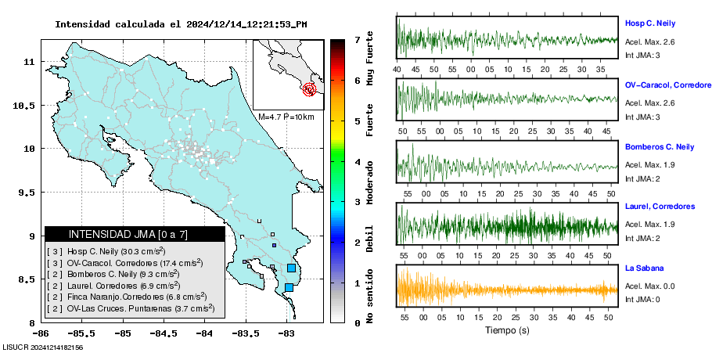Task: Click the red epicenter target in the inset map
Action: click(309, 89)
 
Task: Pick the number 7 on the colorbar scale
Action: click(358, 40)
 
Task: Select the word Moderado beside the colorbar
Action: click(369, 182)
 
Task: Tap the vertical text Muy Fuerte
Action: click(369, 58)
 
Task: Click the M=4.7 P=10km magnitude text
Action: click(286, 117)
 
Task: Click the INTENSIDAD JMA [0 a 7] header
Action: click(128, 234)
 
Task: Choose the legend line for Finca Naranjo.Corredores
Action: click(127, 297)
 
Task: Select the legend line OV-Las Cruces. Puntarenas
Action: click(131, 308)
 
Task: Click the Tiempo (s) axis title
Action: click(507, 330)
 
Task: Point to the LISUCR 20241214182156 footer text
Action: click(43, 347)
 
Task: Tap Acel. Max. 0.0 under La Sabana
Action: click(649, 286)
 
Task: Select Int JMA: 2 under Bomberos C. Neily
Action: click(642, 179)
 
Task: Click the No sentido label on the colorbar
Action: click(369, 296)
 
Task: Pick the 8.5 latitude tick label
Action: click(22, 279)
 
